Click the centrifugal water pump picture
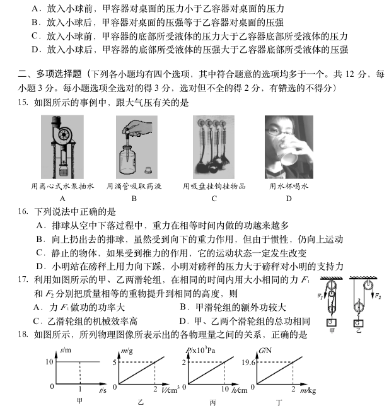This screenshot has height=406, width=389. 62,147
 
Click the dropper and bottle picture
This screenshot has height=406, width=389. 135,146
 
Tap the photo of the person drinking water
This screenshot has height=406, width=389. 288,146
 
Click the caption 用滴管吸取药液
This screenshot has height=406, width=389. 134,187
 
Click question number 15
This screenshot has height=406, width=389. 23,103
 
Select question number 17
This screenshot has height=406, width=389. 23,280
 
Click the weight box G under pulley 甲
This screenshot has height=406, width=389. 332,322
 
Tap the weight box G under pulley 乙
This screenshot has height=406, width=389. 358,323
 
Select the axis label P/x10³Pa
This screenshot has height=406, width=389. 199,349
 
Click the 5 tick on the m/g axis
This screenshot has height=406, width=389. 115,362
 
